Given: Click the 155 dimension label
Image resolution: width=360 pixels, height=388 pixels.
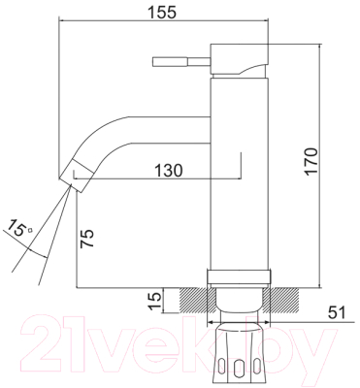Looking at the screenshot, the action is (x=162, y=13).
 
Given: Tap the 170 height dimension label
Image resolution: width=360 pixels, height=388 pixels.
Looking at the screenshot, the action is (x=311, y=161).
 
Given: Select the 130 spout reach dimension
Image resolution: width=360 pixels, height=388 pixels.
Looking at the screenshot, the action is (x=168, y=170).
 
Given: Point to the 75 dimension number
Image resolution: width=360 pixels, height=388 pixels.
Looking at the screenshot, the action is (x=86, y=239).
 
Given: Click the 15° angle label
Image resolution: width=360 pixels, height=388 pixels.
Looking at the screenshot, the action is (x=18, y=227).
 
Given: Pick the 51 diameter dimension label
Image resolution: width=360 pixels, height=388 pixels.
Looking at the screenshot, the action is (x=337, y=312).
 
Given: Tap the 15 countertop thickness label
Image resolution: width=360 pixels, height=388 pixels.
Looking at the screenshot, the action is (x=156, y=301).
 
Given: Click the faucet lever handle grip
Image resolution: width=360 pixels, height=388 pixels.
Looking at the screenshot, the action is (x=170, y=62).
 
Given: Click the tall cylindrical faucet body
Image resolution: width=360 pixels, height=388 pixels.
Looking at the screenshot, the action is (x=240, y=173).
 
